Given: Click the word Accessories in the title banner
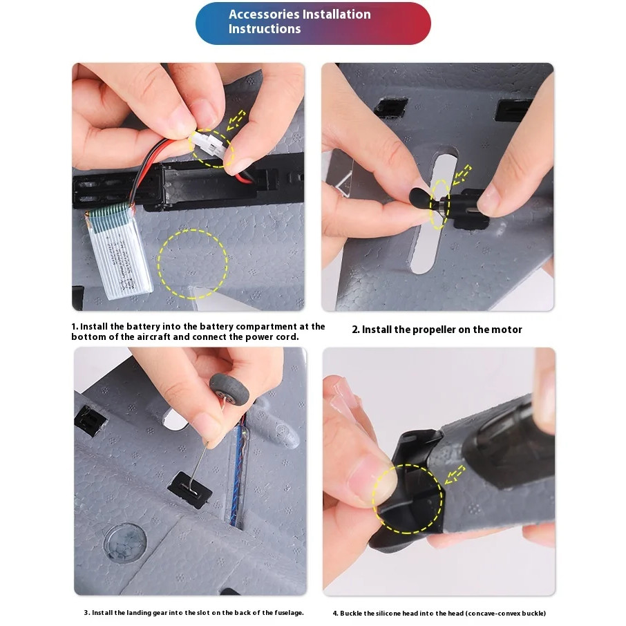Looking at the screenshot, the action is click(x=264, y=15).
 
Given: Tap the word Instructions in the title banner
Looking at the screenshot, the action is click(x=265, y=29).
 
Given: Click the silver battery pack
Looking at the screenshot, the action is click(x=119, y=250).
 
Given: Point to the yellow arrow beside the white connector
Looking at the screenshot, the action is click(x=236, y=120).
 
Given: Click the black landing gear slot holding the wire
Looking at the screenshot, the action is click(x=190, y=490).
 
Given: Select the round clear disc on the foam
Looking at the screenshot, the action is click(x=125, y=542).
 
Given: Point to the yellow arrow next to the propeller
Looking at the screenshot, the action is click(x=462, y=175).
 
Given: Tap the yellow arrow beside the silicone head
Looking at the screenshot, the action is click(x=455, y=475).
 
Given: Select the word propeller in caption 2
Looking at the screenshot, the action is click(x=434, y=330).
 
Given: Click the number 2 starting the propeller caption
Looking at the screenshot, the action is click(x=355, y=330).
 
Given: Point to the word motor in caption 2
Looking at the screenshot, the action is click(x=506, y=330).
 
